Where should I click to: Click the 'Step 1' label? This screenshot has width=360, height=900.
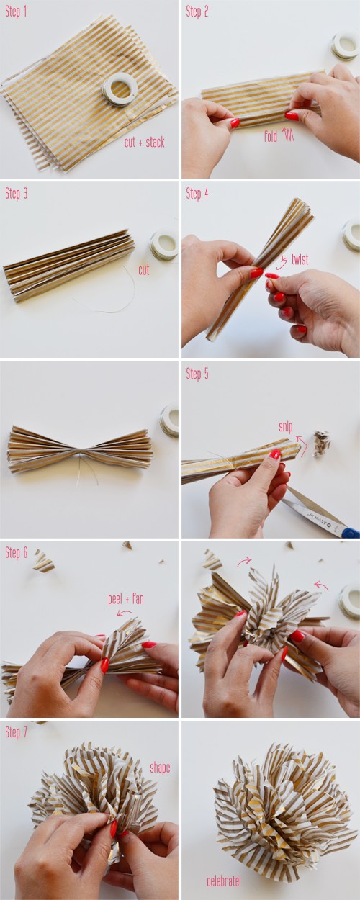tap(16, 12)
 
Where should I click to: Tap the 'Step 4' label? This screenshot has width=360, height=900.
tap(197, 194)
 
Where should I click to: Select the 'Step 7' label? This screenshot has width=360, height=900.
tap(16, 732)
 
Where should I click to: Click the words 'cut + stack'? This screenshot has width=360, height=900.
tap(144, 143)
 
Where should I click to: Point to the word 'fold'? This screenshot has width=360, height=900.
tap(271, 136)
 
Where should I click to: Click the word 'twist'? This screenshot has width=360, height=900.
tap(300, 259)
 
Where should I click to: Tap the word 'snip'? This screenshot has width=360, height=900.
tap(286, 427)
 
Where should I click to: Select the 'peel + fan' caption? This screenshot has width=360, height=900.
tap(126, 600)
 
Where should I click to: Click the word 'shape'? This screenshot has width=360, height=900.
tap(160, 768)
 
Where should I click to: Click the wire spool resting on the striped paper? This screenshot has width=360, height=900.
tap(120, 91)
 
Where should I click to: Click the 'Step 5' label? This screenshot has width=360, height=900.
tap(197, 374)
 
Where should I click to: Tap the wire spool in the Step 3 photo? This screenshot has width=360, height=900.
tap(164, 244)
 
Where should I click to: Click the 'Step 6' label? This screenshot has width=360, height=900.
tap(16, 553)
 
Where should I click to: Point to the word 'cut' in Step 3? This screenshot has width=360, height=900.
tap(144, 269)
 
